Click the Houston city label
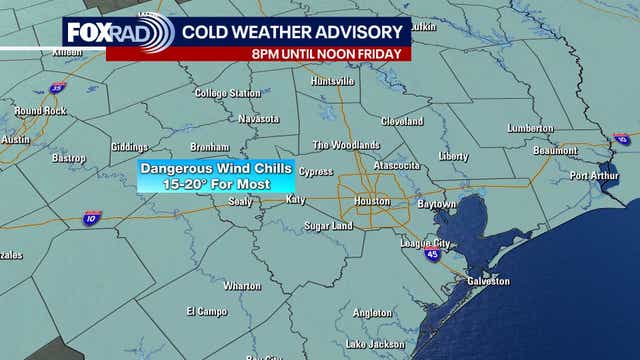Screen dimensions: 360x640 click(372, 202)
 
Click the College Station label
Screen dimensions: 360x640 click(227, 93)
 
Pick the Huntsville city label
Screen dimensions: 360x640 click(334, 81)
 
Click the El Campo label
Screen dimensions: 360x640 click(207, 311)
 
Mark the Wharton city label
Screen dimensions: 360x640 click(242, 285)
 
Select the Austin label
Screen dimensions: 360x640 click(14, 140)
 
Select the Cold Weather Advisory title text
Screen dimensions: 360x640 click(293, 30)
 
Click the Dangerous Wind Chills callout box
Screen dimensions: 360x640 click(216, 177)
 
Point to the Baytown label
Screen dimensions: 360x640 click(436, 203)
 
